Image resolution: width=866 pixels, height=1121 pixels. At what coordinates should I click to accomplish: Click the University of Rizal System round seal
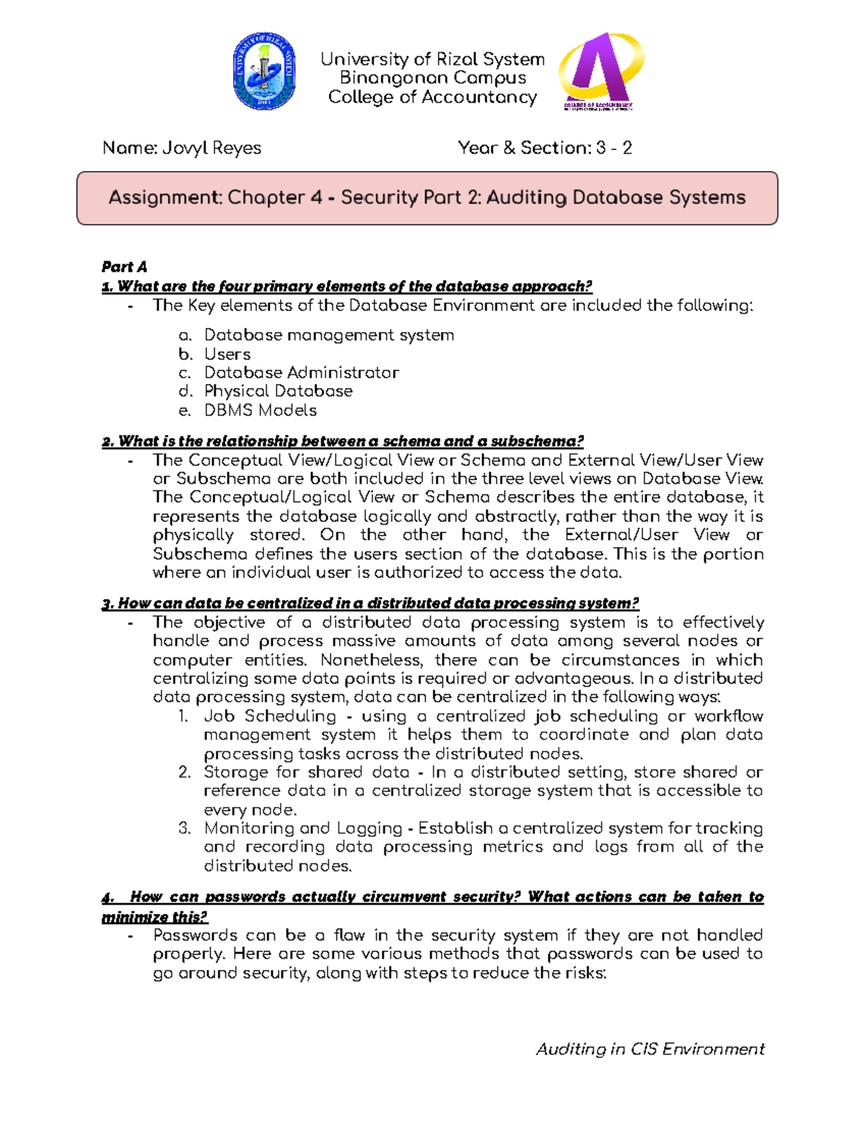(x=264, y=71)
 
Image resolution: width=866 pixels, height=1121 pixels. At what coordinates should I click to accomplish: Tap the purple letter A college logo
(x=600, y=70)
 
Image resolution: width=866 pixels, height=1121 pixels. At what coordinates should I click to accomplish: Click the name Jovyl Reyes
(x=211, y=148)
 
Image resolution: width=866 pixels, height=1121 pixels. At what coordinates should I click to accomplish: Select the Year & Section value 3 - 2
(x=614, y=148)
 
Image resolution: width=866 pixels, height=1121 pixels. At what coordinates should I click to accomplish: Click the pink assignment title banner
(x=427, y=198)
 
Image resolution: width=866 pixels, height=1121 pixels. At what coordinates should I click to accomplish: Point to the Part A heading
(x=124, y=267)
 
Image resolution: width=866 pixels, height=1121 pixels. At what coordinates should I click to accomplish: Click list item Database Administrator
(x=301, y=372)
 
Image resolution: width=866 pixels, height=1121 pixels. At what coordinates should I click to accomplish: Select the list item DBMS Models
(x=261, y=410)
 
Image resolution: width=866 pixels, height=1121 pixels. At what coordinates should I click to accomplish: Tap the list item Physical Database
(x=278, y=391)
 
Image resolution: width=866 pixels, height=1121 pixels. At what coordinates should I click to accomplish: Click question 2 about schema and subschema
(x=343, y=441)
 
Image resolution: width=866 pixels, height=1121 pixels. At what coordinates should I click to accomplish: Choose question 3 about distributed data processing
(x=370, y=603)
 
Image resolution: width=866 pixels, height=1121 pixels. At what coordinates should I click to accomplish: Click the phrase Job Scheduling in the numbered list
(x=270, y=716)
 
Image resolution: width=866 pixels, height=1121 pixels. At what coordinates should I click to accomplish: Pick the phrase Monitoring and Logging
(x=303, y=828)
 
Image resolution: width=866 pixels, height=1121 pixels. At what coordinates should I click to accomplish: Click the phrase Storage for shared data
(x=306, y=772)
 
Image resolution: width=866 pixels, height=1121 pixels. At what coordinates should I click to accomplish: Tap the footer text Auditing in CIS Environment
(x=649, y=1049)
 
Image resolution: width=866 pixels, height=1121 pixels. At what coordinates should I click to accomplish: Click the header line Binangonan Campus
(x=433, y=78)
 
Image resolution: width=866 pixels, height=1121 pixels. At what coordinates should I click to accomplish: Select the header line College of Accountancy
(x=433, y=97)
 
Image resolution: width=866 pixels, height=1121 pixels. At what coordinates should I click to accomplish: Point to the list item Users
(x=227, y=354)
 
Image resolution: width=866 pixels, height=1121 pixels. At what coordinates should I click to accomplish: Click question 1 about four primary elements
(x=347, y=287)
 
